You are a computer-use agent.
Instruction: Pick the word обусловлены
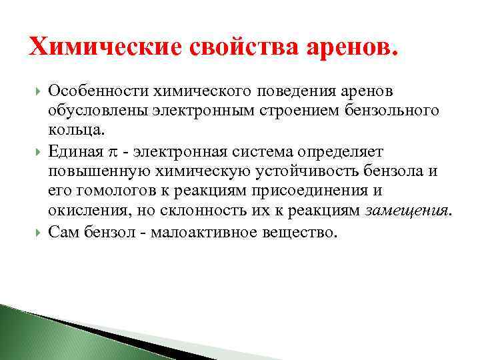pos(93,110)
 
